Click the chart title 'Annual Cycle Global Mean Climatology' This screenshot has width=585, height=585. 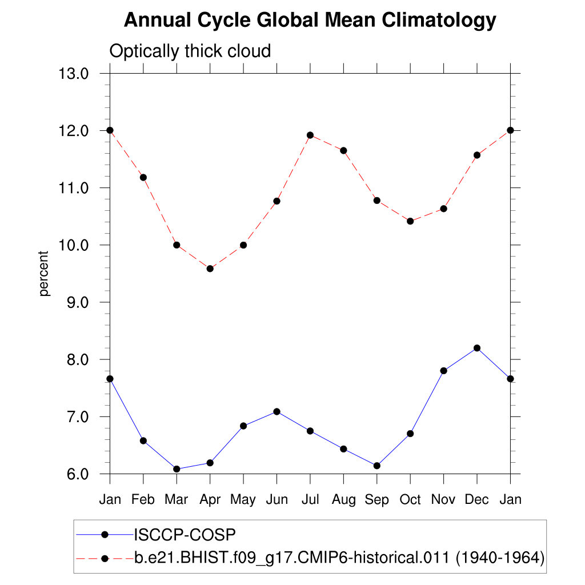coord(310,21)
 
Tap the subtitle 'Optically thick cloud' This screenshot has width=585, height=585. coord(190,51)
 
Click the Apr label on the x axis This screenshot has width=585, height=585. coord(210,500)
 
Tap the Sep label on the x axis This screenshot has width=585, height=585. coord(376,500)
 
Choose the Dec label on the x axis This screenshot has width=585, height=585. coord(476,500)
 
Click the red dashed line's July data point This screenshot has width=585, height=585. coord(310,135)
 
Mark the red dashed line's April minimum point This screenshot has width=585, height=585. coord(210,269)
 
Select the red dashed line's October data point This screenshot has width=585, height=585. coord(410,221)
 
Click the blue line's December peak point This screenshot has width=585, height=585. coord(477,348)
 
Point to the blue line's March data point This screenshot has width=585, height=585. coord(177,469)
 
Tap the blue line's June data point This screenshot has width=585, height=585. coord(277,411)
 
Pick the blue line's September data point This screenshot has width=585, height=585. coord(376,466)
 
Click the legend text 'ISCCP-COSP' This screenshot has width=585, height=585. coord(185,535)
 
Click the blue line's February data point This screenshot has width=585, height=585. coord(143,440)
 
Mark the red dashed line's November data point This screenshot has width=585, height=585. coord(443,209)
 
